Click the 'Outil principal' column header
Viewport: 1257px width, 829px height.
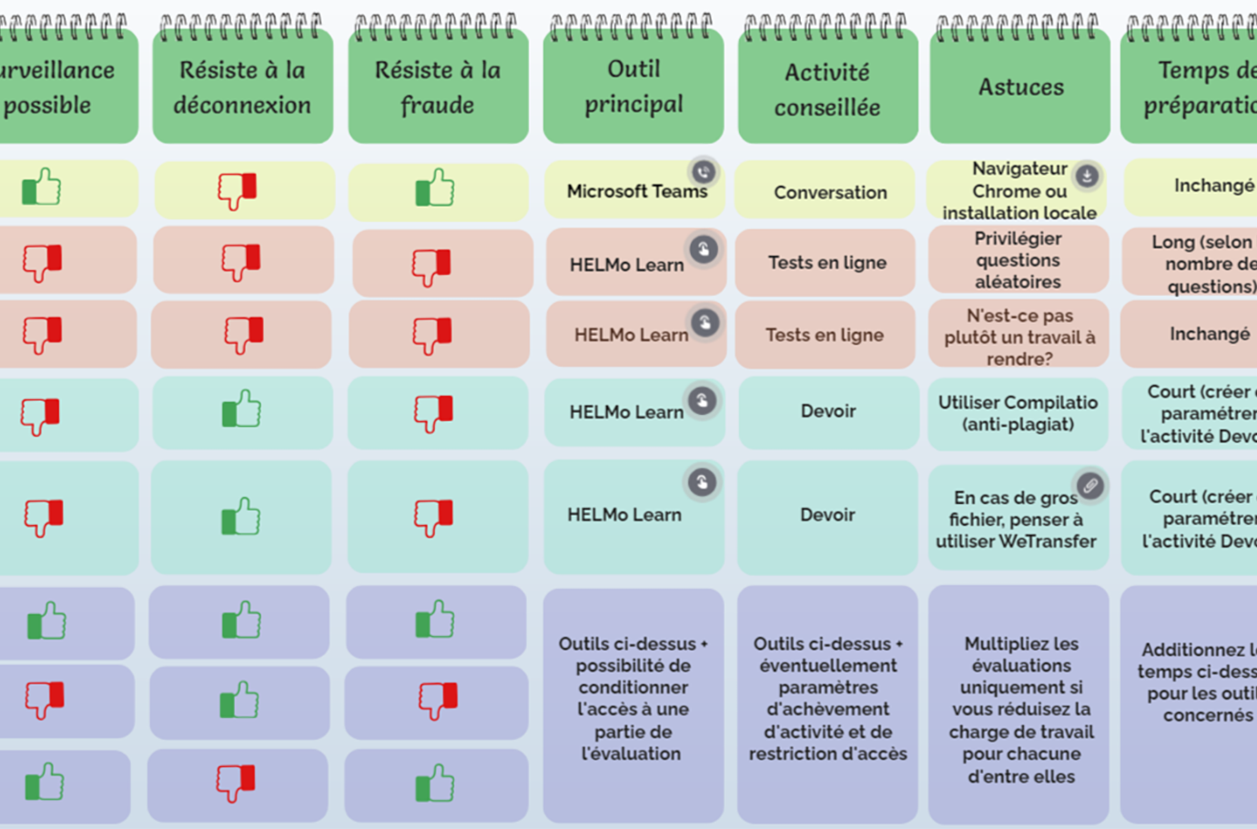click(634, 86)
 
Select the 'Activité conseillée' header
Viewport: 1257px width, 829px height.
click(827, 89)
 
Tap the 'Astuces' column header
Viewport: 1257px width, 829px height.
click(1020, 87)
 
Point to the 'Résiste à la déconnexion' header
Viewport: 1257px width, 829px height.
click(242, 87)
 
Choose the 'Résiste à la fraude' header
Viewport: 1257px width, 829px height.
click(438, 87)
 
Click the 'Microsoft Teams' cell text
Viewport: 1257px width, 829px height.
click(636, 191)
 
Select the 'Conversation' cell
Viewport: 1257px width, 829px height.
click(830, 192)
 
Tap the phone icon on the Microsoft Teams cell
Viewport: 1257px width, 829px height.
click(703, 171)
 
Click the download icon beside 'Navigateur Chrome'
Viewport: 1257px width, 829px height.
click(1087, 175)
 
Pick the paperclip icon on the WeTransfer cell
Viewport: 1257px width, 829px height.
click(1090, 485)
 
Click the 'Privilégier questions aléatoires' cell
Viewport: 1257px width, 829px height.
click(1018, 260)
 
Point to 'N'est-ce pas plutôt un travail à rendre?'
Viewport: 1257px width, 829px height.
click(1019, 337)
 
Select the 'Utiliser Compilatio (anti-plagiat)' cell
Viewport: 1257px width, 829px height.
click(1018, 413)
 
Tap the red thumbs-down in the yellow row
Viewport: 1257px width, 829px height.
click(238, 190)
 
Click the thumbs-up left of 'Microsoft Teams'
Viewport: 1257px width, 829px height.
click(435, 188)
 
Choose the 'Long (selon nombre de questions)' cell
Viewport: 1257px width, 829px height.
click(1201, 264)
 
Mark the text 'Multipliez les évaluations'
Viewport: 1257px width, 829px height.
click(1021, 654)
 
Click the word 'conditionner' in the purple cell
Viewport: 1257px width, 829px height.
click(633, 687)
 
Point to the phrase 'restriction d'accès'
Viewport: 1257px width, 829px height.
click(827, 753)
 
